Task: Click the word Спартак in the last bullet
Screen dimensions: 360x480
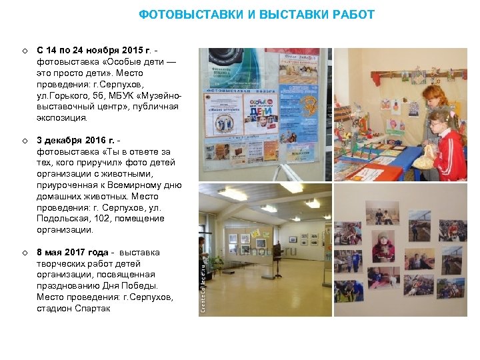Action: pos(94,309)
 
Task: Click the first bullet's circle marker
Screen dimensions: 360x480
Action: pos(23,51)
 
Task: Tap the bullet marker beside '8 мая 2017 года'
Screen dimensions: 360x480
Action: pos(23,253)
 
